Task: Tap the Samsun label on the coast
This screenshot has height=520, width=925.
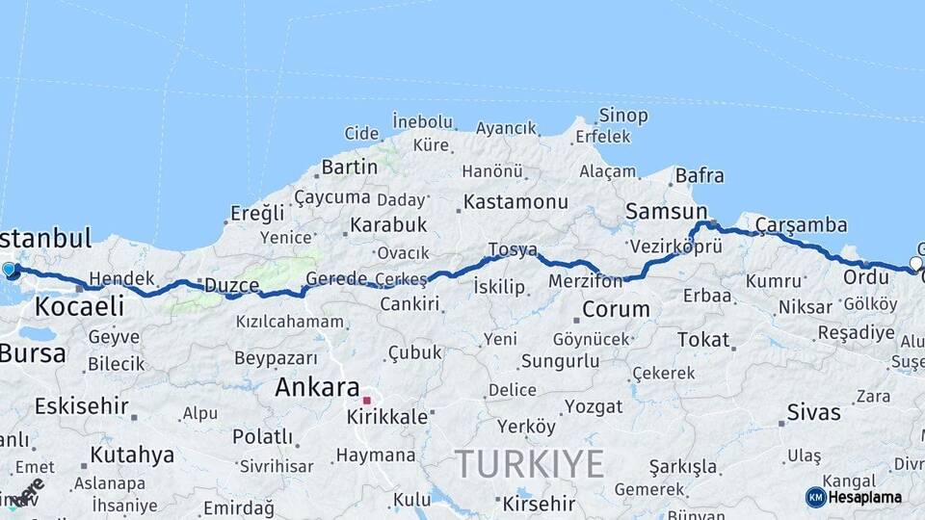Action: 666,211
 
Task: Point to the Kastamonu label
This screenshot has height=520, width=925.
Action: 515,202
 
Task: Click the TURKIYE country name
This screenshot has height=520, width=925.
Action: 529,463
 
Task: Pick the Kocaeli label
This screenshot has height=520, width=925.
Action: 80,306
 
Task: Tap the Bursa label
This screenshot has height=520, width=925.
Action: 33,353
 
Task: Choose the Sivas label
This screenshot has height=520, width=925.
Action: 813,412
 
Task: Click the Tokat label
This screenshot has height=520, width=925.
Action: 702,339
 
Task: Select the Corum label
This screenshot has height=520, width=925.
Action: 616,310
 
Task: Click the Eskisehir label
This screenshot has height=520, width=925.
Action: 81,405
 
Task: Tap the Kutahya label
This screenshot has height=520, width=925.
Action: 132,454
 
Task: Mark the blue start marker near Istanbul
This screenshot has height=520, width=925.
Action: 10,270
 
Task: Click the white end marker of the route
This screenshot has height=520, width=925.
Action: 915,263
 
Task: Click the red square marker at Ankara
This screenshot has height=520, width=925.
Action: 366,400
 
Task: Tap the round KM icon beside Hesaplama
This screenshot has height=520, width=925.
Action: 815,497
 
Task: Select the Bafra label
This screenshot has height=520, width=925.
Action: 700,175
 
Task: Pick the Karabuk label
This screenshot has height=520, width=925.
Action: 387,224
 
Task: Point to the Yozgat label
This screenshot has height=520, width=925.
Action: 593,406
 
